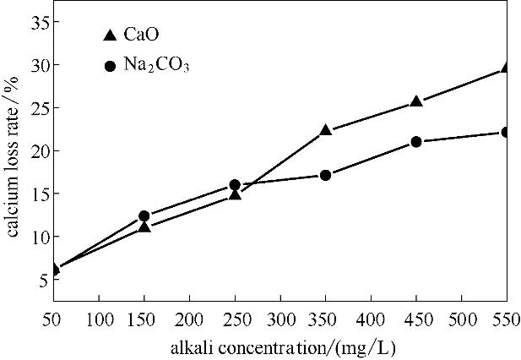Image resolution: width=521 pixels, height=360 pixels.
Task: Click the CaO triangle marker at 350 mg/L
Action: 325,131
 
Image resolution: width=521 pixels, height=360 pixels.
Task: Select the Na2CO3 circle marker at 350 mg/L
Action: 325,175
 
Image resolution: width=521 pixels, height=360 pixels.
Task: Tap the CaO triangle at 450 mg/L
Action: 415,101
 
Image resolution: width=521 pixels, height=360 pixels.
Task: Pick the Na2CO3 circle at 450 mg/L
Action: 415,142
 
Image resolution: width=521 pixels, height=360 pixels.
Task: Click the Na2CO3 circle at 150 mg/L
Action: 144,216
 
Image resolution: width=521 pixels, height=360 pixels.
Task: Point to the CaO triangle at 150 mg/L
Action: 144,226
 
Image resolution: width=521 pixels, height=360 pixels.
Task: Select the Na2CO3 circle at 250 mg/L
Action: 235,185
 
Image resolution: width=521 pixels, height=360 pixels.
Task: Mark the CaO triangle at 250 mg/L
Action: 235,194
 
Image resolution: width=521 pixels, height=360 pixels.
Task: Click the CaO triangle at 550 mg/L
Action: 505,68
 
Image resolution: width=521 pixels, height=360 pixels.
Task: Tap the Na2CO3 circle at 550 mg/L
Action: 505,132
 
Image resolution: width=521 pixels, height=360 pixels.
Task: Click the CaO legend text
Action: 142,35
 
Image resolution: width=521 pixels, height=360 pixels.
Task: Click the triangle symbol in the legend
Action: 109,35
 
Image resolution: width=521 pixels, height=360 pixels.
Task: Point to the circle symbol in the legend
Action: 110,65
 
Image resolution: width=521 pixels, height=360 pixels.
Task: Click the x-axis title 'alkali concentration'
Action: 279,346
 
